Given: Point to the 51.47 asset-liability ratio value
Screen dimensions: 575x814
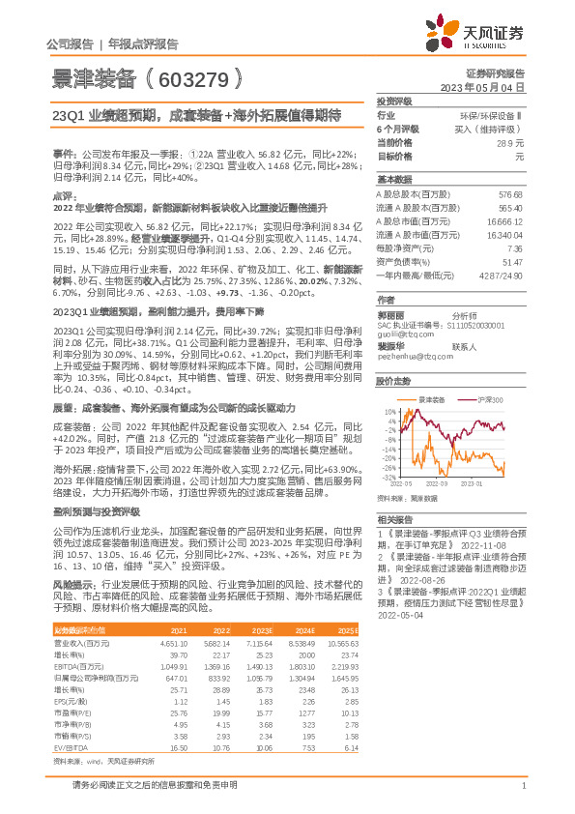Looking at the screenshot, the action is (x=511, y=262).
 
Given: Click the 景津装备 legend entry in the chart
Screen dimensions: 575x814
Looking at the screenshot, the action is (x=429, y=398).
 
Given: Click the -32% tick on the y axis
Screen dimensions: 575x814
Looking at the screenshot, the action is (x=387, y=477).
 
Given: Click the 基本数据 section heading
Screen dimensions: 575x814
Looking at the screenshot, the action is (x=394, y=180).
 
